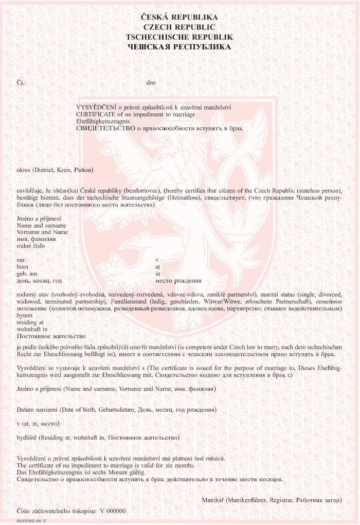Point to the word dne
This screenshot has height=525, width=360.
click(151, 82)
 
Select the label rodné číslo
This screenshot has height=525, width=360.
click(31, 246)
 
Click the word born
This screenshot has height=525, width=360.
click(22, 267)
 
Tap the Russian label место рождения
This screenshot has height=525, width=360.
click(178, 281)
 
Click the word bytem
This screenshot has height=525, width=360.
click(24, 314)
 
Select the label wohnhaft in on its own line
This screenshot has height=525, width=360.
click(32, 328)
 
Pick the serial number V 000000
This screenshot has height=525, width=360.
click(113, 511)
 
